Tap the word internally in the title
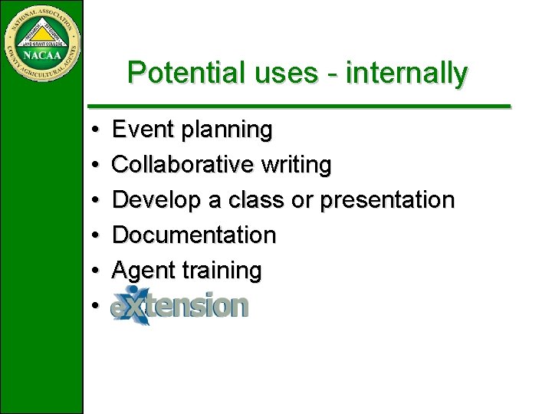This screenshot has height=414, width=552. pyautogui.click(x=406, y=72)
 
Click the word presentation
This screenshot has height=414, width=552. pyautogui.click(x=387, y=200)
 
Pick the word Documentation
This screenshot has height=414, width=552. pyautogui.click(x=194, y=235)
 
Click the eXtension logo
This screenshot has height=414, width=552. pyautogui.click(x=180, y=305)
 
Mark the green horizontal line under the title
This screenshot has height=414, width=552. pyautogui.click(x=299, y=106)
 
